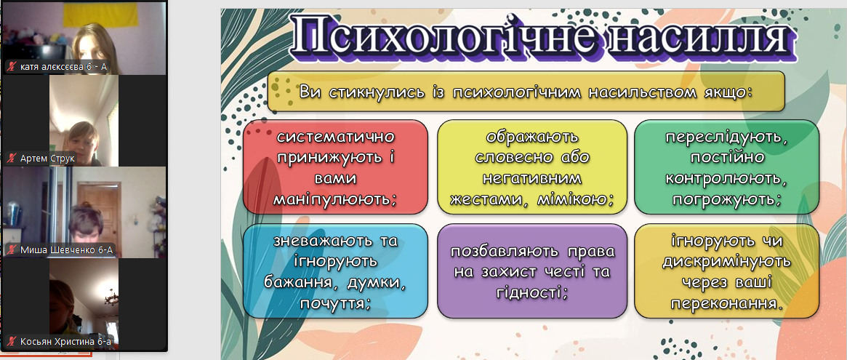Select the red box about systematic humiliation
click(335, 167)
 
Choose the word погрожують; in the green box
click(726, 199)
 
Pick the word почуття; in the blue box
click(335, 303)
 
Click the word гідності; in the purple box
click(531, 292)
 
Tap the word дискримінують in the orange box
click(726, 261)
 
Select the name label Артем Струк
click(47, 159)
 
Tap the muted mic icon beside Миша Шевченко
click(12, 249)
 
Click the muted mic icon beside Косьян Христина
click(12, 341)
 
